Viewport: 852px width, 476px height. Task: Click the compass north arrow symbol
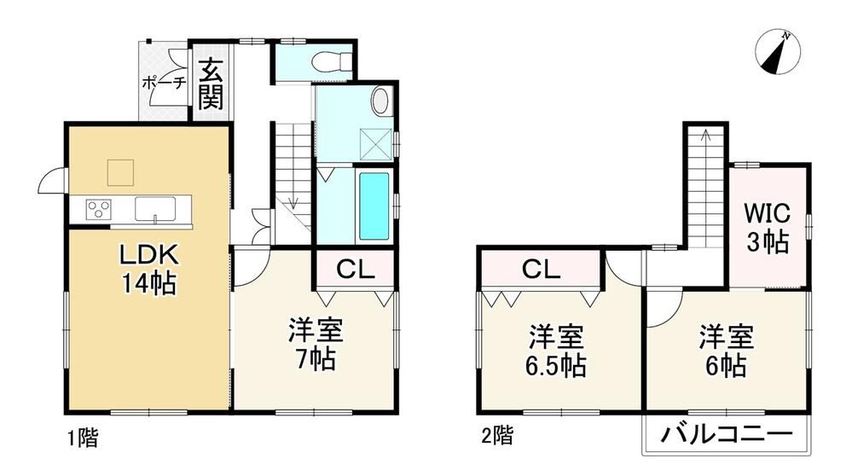click(x=778, y=53)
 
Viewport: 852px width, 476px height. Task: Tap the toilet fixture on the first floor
click(x=333, y=60)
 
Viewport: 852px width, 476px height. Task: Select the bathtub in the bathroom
click(x=374, y=206)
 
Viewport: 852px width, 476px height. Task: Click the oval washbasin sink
click(x=380, y=101)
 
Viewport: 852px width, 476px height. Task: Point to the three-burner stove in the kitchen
click(x=99, y=209)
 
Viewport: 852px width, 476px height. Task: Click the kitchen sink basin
click(x=155, y=209)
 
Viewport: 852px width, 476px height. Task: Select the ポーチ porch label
click(x=165, y=83)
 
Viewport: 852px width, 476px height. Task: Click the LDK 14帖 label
click(x=149, y=269)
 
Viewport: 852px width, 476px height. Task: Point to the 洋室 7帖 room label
click(x=316, y=345)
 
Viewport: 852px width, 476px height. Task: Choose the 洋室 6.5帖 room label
click(x=556, y=351)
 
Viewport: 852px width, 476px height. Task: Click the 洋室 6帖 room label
click(x=726, y=351)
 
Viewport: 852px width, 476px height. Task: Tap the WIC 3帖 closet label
click(x=768, y=228)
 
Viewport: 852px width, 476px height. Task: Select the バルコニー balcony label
click(x=727, y=435)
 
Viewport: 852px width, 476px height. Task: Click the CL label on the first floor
click(x=356, y=269)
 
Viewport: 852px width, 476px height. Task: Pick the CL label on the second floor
click(x=542, y=269)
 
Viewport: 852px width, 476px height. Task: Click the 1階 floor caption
click(x=83, y=438)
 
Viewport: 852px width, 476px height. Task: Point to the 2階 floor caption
click(x=497, y=435)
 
